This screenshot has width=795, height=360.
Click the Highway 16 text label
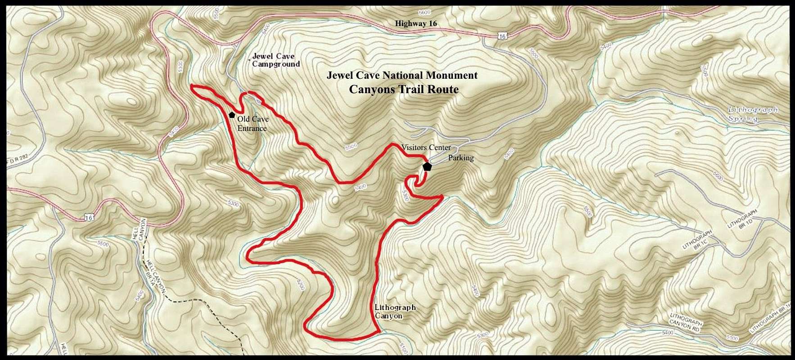(x=416, y=23)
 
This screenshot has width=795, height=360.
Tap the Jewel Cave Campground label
(x=275, y=60)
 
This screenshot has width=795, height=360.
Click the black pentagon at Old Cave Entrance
(x=232, y=115)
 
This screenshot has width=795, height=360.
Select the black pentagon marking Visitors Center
(x=427, y=166)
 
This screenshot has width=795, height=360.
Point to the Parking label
(x=461, y=158)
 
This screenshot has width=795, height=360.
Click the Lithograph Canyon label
(x=394, y=311)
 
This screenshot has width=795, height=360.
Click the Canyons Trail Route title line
(x=403, y=89)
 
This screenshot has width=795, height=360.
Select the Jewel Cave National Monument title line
(x=402, y=75)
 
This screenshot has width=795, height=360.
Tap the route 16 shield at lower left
(x=89, y=218)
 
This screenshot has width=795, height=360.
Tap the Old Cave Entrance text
(x=253, y=124)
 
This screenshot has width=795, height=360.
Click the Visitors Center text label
(x=426, y=148)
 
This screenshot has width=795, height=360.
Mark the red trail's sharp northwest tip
(x=192, y=86)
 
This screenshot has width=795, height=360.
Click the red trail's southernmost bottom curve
(x=342, y=337)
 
